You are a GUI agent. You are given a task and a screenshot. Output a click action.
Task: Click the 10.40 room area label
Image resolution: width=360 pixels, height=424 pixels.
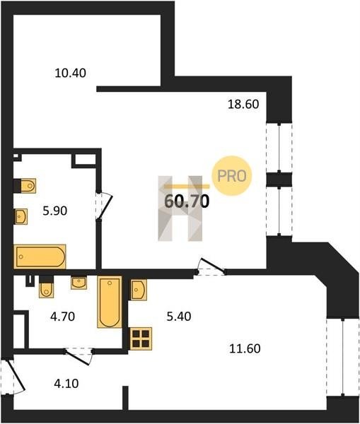71,73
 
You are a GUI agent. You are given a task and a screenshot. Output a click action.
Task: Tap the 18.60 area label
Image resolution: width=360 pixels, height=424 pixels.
243,104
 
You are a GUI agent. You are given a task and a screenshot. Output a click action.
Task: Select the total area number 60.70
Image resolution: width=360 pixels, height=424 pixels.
187,201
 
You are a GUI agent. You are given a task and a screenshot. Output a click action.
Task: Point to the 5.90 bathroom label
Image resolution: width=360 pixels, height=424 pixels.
55,211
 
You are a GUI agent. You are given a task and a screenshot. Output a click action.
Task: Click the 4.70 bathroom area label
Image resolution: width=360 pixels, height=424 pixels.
62,317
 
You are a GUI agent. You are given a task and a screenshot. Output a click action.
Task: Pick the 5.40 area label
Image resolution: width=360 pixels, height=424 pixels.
179,317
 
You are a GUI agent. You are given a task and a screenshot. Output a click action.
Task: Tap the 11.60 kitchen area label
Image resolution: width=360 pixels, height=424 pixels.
245,348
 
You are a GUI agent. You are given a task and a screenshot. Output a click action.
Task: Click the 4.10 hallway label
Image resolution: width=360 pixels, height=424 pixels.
66,384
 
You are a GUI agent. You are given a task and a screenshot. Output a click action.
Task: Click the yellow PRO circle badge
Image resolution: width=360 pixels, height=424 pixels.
232,176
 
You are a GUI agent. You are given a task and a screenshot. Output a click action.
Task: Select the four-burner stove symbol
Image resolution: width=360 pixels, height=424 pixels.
141,338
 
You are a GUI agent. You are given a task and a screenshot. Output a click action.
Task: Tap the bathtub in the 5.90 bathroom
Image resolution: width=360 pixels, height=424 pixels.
40,257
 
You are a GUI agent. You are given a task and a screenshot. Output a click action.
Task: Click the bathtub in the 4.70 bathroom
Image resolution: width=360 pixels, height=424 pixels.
110,302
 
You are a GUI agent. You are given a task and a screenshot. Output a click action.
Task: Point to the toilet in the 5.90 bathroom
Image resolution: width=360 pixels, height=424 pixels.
25,186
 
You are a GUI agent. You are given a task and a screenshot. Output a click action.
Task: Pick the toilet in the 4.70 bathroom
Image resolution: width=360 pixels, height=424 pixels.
46,287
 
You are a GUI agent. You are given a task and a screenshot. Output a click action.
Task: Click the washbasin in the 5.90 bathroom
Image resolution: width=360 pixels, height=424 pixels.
21,217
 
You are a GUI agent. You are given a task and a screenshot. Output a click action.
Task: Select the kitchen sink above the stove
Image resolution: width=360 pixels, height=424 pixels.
139,290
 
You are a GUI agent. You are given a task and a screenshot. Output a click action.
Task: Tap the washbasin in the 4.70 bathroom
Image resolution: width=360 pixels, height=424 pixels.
79,283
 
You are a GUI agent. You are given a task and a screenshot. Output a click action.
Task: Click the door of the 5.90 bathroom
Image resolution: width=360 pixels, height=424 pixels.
104,206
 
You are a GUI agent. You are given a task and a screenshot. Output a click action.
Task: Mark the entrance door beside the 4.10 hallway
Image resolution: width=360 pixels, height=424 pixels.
13,376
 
